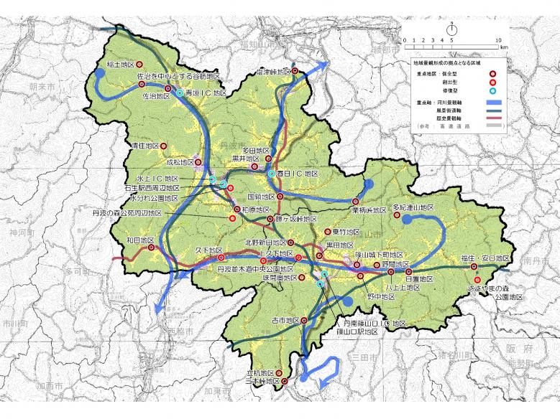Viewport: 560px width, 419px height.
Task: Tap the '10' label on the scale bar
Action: [498, 39]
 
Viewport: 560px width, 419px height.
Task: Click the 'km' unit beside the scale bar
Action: [504, 47]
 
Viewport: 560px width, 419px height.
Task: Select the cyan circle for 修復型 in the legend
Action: [494, 91]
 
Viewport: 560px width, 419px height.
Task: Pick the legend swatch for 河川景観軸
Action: [493, 103]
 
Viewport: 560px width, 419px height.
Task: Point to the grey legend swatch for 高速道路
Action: [493, 126]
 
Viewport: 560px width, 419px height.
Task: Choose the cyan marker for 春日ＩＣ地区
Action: [271, 174]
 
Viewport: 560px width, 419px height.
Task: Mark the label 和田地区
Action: [134, 240]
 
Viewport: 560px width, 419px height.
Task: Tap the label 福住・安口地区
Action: [485, 258]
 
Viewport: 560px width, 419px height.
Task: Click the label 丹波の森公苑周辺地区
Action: [127, 213]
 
